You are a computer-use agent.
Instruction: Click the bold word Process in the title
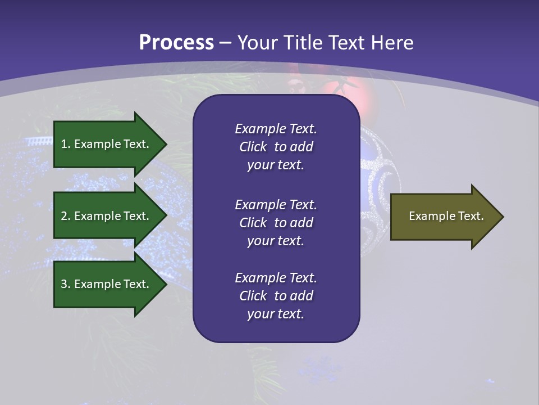[x=176, y=43]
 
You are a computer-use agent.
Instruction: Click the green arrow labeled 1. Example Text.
[x=107, y=144]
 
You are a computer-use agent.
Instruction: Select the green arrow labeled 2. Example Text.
[x=107, y=216]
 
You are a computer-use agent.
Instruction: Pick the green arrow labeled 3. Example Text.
[x=107, y=284]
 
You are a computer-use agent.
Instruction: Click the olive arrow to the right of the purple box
[x=444, y=216]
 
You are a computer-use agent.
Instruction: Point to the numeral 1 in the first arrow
[x=64, y=144]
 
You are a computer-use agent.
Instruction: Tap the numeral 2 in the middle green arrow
[x=64, y=216]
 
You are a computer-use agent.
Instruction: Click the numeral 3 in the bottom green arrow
[x=64, y=284]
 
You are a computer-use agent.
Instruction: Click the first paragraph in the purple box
[x=276, y=147]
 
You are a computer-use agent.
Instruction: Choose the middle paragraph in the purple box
[x=276, y=223]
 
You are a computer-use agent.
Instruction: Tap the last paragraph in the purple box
[x=276, y=296]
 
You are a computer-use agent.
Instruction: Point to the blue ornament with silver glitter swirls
[x=379, y=180]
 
